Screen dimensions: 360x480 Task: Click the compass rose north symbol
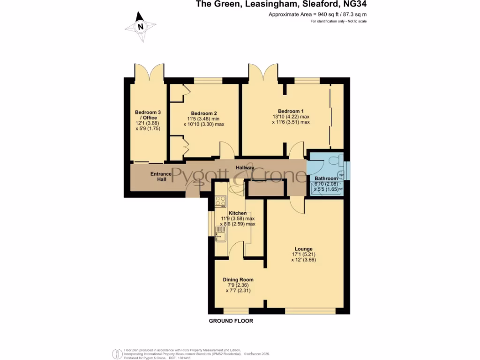tap(140, 27)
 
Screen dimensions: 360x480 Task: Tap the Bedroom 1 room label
tap(291, 111)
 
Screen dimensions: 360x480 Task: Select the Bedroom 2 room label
tap(204, 113)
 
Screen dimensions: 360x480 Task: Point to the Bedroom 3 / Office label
tap(148, 115)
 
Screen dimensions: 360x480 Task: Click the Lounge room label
tap(303, 249)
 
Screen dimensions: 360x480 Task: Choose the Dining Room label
tap(238, 280)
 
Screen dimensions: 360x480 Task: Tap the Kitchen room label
tap(238, 213)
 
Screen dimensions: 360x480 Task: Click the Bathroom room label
tap(326, 179)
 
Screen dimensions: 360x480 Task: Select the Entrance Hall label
tap(161, 177)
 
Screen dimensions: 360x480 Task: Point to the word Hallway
tap(245, 168)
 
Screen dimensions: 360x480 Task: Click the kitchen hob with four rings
tap(220, 201)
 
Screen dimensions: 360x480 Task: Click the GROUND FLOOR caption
tap(231, 321)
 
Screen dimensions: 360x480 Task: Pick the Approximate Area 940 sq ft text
tap(317, 15)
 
